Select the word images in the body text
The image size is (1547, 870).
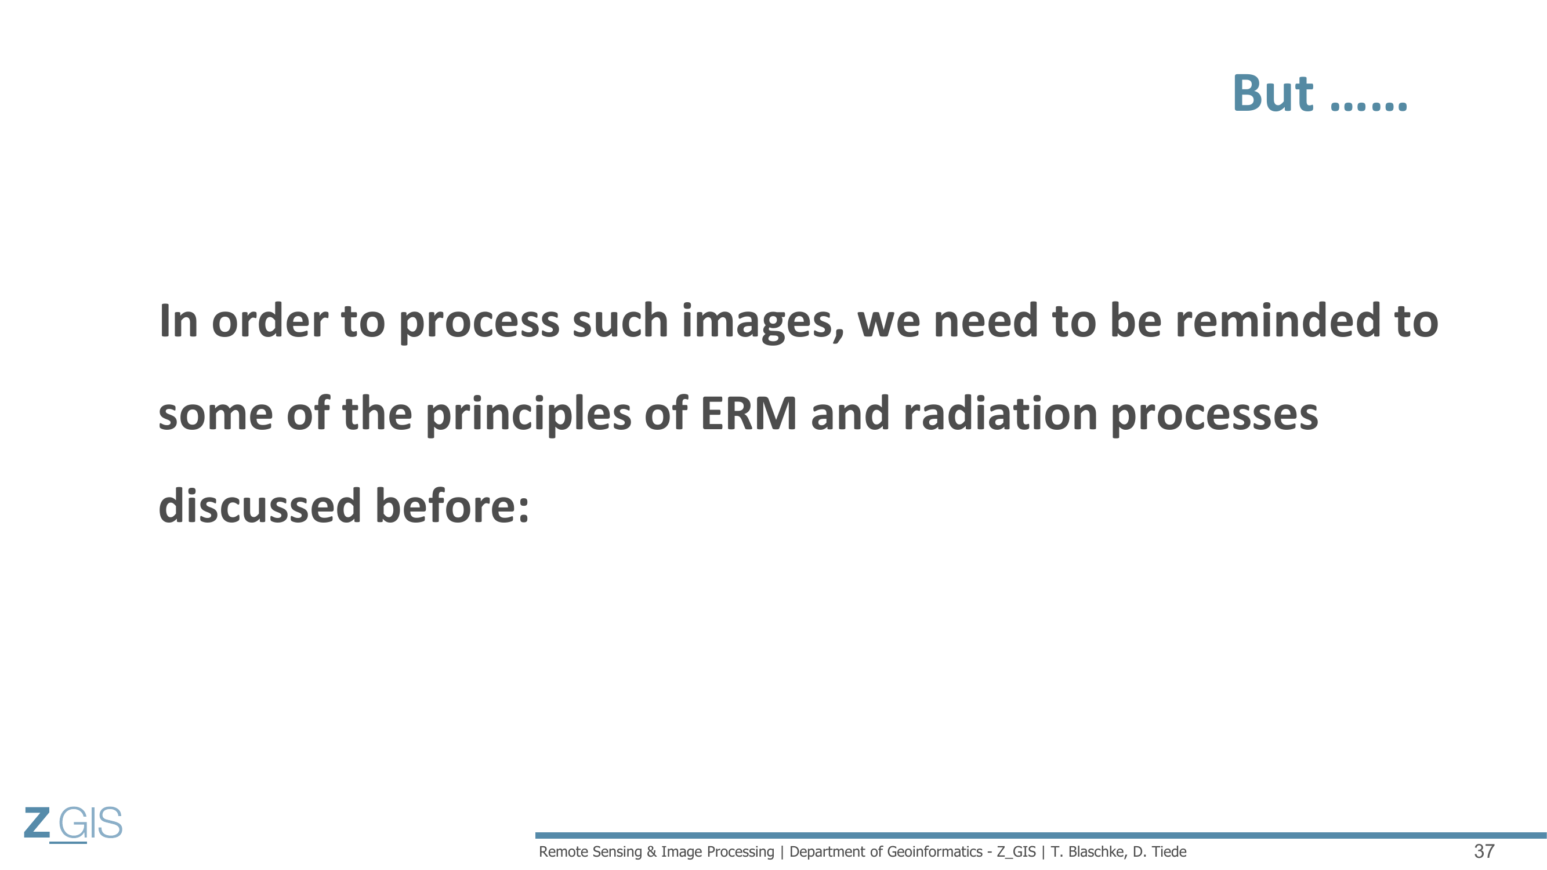pos(763,322)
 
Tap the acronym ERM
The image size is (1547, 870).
pos(748,414)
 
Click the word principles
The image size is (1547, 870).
pos(528,415)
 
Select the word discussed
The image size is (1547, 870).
pos(259,506)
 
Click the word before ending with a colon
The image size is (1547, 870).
pos(452,506)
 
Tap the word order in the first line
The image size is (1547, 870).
pos(270,322)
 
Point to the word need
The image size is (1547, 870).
pos(986,321)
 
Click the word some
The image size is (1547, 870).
pos(216,415)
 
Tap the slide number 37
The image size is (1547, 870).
pos(1484,851)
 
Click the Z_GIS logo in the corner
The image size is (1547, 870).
pos(73,824)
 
